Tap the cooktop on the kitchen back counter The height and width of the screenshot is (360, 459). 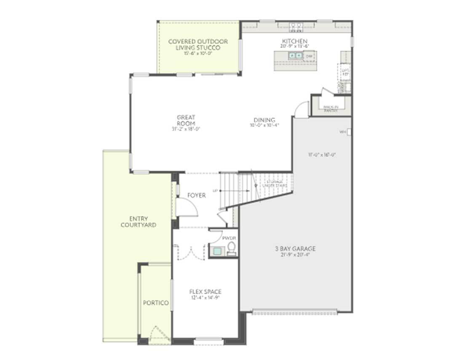(296, 27)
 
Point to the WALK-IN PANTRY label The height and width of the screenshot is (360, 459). (331, 109)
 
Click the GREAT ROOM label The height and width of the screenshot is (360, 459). (186, 120)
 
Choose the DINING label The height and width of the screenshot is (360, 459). (264, 120)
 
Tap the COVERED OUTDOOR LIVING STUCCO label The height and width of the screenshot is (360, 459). (198, 44)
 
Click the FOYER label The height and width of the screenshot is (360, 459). (197, 196)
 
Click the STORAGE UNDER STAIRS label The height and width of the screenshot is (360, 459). (275, 183)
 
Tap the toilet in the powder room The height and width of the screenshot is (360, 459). (231, 248)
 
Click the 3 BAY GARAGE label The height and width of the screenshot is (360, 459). (295, 248)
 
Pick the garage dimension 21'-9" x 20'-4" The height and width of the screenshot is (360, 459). (295, 254)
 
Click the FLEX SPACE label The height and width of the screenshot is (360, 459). (205, 292)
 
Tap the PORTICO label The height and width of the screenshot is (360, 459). (155, 303)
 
